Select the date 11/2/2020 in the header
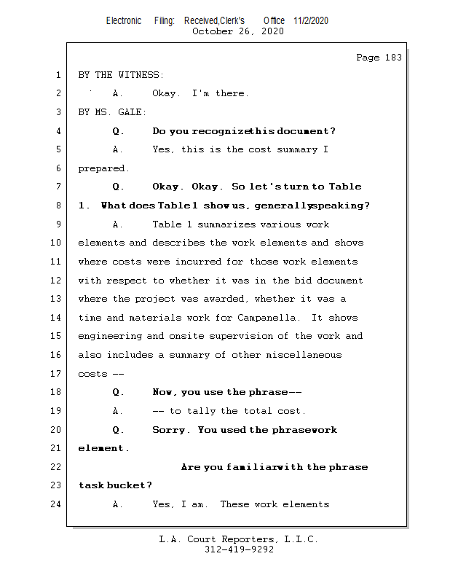(x=311, y=20)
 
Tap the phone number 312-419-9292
(x=239, y=549)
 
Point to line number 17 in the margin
(x=57, y=374)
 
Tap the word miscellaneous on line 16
(x=304, y=355)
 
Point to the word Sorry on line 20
(x=170, y=430)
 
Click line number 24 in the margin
(x=57, y=504)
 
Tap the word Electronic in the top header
(x=124, y=20)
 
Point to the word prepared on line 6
(x=101, y=168)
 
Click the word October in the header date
(x=212, y=31)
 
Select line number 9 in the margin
(x=57, y=224)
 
